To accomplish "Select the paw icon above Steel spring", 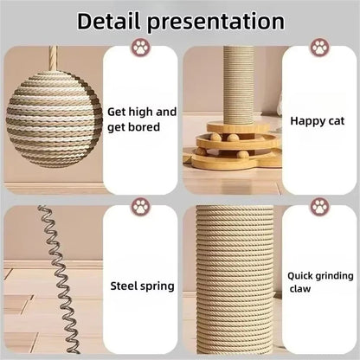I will (x=140, y=206).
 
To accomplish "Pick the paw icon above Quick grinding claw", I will (x=320, y=206).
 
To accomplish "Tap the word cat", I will (x=332, y=122).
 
